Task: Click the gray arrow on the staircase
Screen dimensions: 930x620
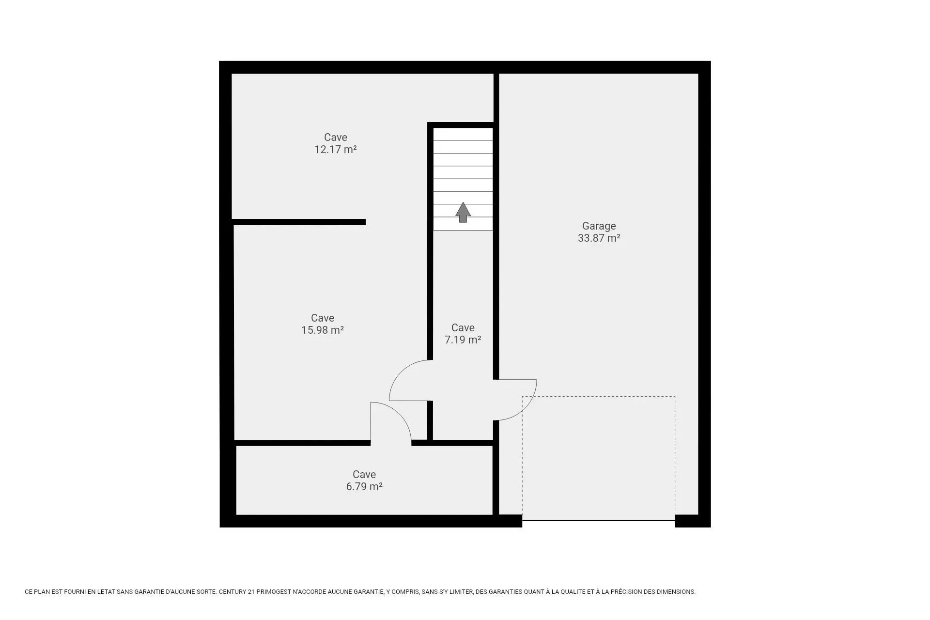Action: pyautogui.click(x=463, y=212)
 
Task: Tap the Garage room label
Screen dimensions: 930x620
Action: pyautogui.click(x=599, y=226)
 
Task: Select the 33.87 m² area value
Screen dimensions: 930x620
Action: pyautogui.click(x=599, y=238)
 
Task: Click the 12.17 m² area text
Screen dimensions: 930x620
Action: pyautogui.click(x=336, y=150)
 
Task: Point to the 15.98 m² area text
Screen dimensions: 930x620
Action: pyautogui.click(x=323, y=330)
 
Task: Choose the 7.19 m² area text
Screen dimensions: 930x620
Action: pyautogui.click(x=463, y=340)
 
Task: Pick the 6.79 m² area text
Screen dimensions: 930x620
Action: pyautogui.click(x=364, y=487)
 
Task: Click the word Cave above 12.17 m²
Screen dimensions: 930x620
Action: pyautogui.click(x=336, y=138)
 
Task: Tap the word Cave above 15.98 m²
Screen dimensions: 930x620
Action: pyautogui.click(x=323, y=318)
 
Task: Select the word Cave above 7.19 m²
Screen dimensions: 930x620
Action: pyautogui.click(x=463, y=328)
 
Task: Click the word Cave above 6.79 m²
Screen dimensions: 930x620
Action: pyautogui.click(x=364, y=475)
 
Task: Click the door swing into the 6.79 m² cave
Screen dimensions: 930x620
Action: pyautogui.click(x=400, y=414)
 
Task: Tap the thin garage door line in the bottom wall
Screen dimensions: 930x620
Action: pyautogui.click(x=599, y=521)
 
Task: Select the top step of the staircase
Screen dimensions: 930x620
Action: pyautogui.click(x=463, y=134)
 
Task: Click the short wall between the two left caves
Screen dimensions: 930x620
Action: pyautogui.click(x=298, y=222)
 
